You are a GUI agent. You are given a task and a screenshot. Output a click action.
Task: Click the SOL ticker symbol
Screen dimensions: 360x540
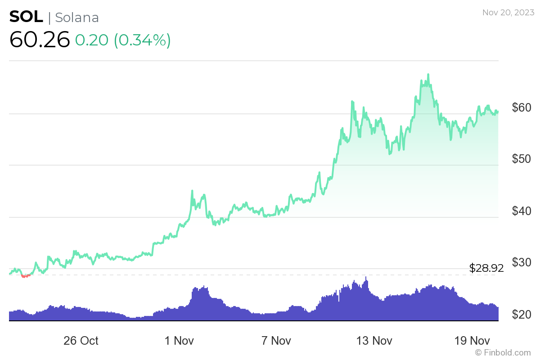(26, 17)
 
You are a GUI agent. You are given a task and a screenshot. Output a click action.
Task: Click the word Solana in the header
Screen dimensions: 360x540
(76, 17)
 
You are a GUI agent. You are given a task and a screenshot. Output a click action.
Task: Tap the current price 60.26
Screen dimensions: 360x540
(40, 40)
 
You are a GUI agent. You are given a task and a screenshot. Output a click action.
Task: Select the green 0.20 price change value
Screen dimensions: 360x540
(91, 40)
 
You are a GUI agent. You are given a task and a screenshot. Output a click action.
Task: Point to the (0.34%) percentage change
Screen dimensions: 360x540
(142, 40)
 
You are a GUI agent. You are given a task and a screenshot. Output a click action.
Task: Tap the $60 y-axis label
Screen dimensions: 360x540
(522, 108)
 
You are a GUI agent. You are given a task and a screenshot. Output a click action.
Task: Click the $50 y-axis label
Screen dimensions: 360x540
(522, 159)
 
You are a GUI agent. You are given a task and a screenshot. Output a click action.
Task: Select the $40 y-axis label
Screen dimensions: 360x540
(522, 211)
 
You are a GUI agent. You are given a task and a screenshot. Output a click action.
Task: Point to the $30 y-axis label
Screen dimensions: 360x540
(522, 262)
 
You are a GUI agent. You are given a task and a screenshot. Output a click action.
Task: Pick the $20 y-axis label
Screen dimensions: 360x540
(522, 314)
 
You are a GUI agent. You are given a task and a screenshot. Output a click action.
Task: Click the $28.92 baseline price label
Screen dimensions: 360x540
(486, 269)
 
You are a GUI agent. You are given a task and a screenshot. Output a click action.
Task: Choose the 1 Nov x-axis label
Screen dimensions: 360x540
(179, 341)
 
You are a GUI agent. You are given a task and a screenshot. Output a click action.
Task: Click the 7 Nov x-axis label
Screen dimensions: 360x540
(276, 341)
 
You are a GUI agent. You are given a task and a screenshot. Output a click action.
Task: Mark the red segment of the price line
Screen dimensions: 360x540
(26, 275)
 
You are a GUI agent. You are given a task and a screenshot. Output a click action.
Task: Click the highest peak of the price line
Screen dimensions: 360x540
(428, 75)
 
